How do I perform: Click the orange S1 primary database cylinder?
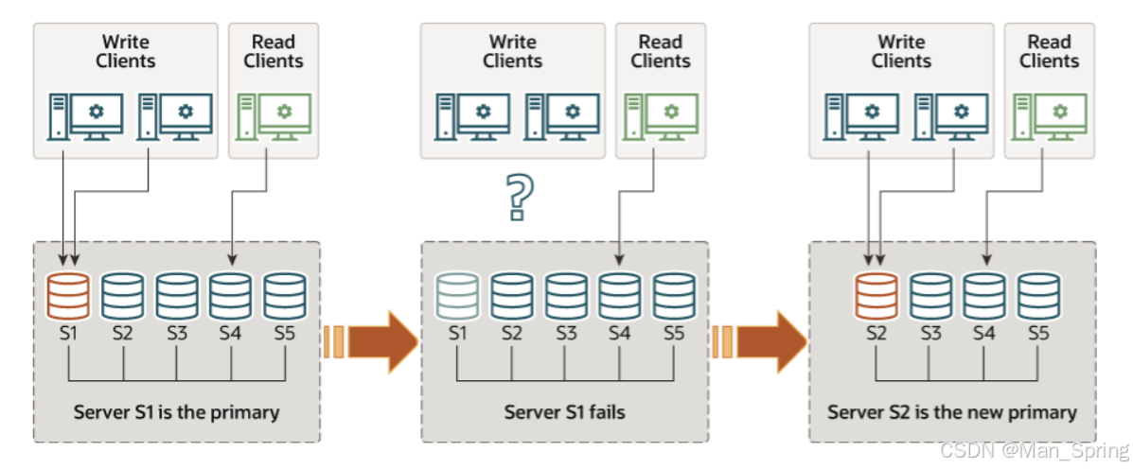[x=68, y=295]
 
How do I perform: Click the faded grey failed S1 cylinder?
[x=458, y=295]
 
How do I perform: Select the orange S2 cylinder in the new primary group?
[x=876, y=295]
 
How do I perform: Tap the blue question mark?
[x=517, y=197]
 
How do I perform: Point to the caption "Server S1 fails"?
[x=564, y=412]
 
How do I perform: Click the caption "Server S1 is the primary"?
[x=176, y=412]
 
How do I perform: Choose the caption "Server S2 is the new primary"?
[x=951, y=412]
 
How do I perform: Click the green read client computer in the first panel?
[x=274, y=115]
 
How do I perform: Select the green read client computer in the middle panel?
[x=661, y=115]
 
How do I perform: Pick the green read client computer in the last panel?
[x=1049, y=115]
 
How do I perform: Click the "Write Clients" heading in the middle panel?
[x=512, y=51]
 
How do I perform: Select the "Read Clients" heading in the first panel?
[x=274, y=51]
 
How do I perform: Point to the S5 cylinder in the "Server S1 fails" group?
[x=674, y=295]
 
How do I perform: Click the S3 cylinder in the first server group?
[x=177, y=295]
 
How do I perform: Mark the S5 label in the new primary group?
[x=1038, y=333]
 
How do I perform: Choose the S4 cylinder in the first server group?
[x=231, y=295]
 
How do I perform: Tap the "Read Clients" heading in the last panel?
[x=1049, y=51]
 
